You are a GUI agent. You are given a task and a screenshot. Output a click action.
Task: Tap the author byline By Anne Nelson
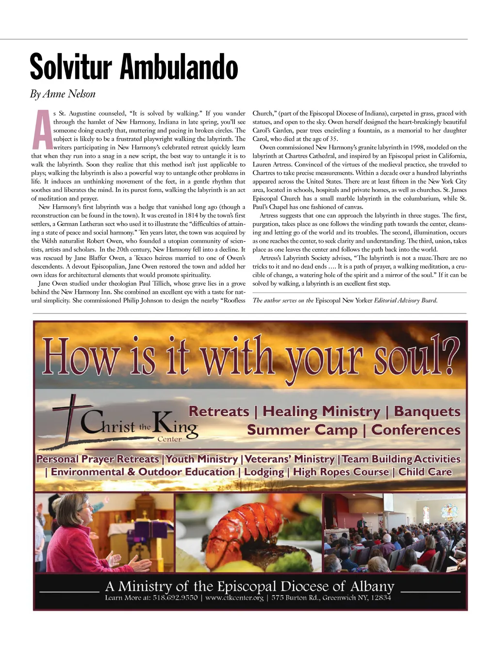click(x=63, y=94)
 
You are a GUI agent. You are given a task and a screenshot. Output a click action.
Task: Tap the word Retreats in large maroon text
click(x=218, y=412)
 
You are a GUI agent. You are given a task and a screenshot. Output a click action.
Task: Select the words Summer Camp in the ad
click(x=302, y=430)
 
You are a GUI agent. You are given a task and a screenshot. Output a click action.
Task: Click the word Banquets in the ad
click(x=427, y=412)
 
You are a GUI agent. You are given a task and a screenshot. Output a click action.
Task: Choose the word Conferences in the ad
click(x=416, y=430)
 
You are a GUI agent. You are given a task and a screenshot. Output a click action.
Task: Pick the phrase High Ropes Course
click(x=341, y=472)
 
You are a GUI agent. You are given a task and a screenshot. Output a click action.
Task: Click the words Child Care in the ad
click(x=425, y=472)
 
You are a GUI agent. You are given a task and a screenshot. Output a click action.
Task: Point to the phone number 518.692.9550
click(x=175, y=598)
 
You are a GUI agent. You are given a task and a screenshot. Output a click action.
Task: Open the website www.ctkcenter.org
click(x=234, y=598)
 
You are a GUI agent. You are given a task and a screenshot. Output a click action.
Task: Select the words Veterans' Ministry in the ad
click(x=290, y=459)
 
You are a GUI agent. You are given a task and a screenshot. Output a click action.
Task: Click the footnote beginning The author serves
click(x=345, y=300)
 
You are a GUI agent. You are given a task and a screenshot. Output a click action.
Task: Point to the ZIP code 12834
click(x=381, y=598)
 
